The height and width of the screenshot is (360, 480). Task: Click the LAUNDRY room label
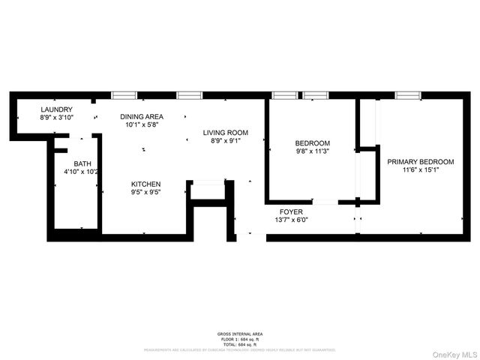coord(56,109)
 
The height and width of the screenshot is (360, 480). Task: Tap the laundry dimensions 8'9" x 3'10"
coord(56,118)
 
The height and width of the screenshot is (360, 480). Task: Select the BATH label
coord(82,163)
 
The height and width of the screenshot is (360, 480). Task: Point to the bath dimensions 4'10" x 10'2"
coord(82,172)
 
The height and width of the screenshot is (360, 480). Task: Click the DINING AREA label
coord(143,116)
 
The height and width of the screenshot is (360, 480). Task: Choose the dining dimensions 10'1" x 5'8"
coord(143,125)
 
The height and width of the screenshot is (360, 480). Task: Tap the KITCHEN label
coord(146,184)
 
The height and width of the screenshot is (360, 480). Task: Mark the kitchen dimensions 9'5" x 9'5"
coord(146,192)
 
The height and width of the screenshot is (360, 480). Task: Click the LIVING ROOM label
coord(225,133)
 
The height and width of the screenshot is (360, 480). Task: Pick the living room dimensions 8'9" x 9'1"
coord(225,141)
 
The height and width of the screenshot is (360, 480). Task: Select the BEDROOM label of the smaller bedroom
coord(312,143)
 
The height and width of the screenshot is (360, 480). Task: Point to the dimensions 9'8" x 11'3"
coord(312,151)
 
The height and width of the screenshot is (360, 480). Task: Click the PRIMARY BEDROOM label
coord(420,161)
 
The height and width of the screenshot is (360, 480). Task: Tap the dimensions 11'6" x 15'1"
coord(420,170)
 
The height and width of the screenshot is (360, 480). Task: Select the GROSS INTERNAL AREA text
coord(240,334)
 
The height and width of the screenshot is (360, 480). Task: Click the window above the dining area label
coord(124,95)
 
